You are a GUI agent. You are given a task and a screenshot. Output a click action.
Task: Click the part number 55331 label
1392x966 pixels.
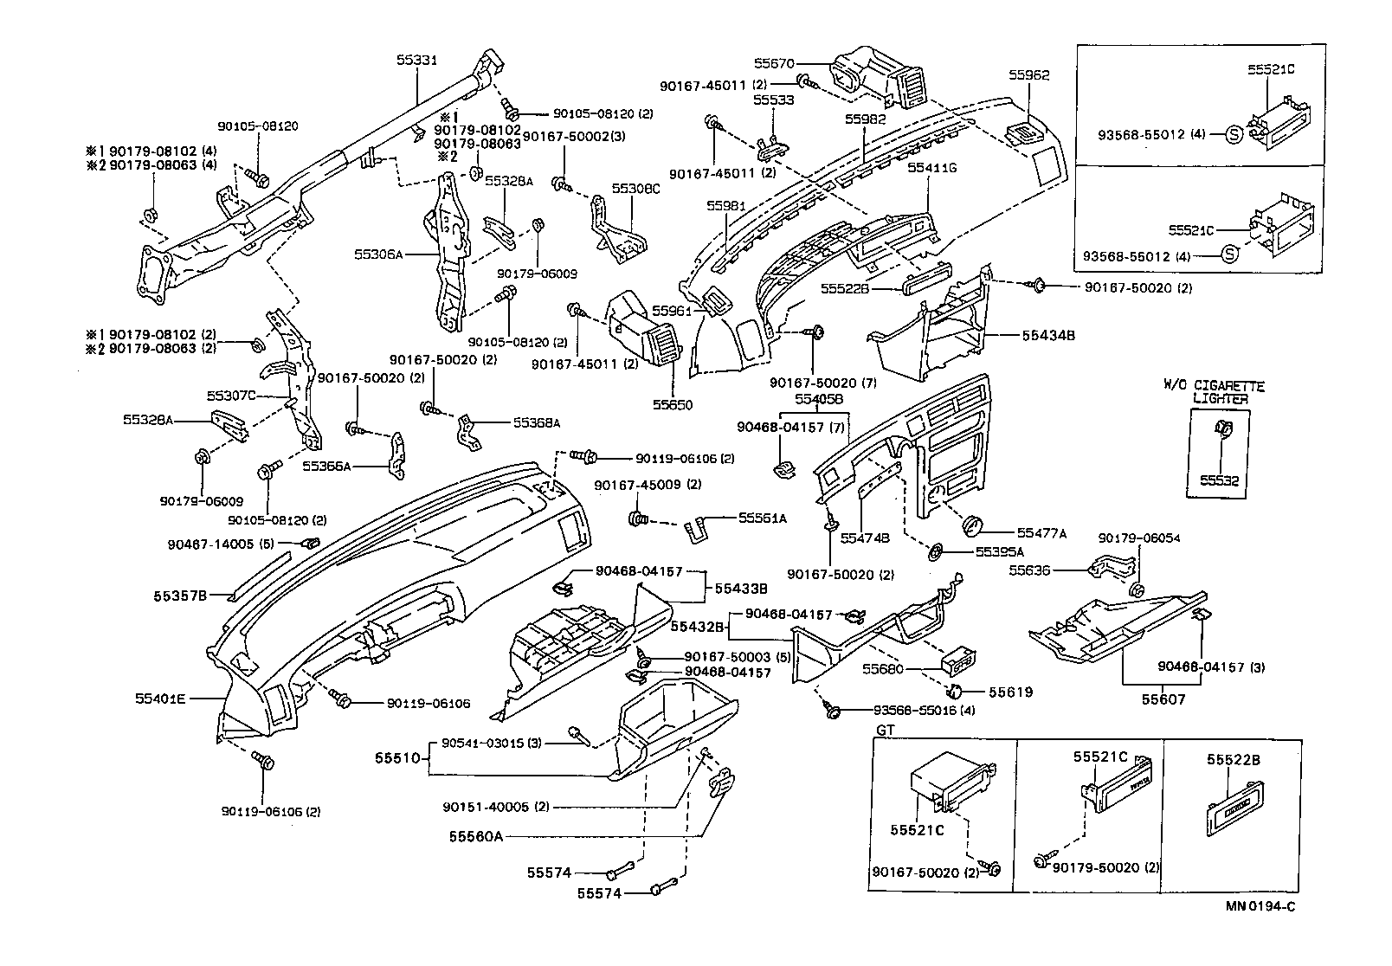click(x=416, y=60)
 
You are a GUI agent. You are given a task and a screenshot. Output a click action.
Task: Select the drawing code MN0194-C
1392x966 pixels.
click(x=1260, y=906)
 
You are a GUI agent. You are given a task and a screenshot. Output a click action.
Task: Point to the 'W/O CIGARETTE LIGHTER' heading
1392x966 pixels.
click(x=1216, y=392)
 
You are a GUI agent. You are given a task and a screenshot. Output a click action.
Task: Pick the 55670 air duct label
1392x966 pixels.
click(x=773, y=62)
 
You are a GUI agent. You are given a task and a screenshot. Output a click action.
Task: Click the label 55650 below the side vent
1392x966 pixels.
click(x=673, y=404)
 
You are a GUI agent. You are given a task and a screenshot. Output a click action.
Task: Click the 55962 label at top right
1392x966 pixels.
click(x=1028, y=75)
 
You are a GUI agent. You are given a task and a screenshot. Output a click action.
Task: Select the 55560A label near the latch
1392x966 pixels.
click(x=475, y=836)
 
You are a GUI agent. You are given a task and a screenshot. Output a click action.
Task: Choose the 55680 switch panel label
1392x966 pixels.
click(x=882, y=669)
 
